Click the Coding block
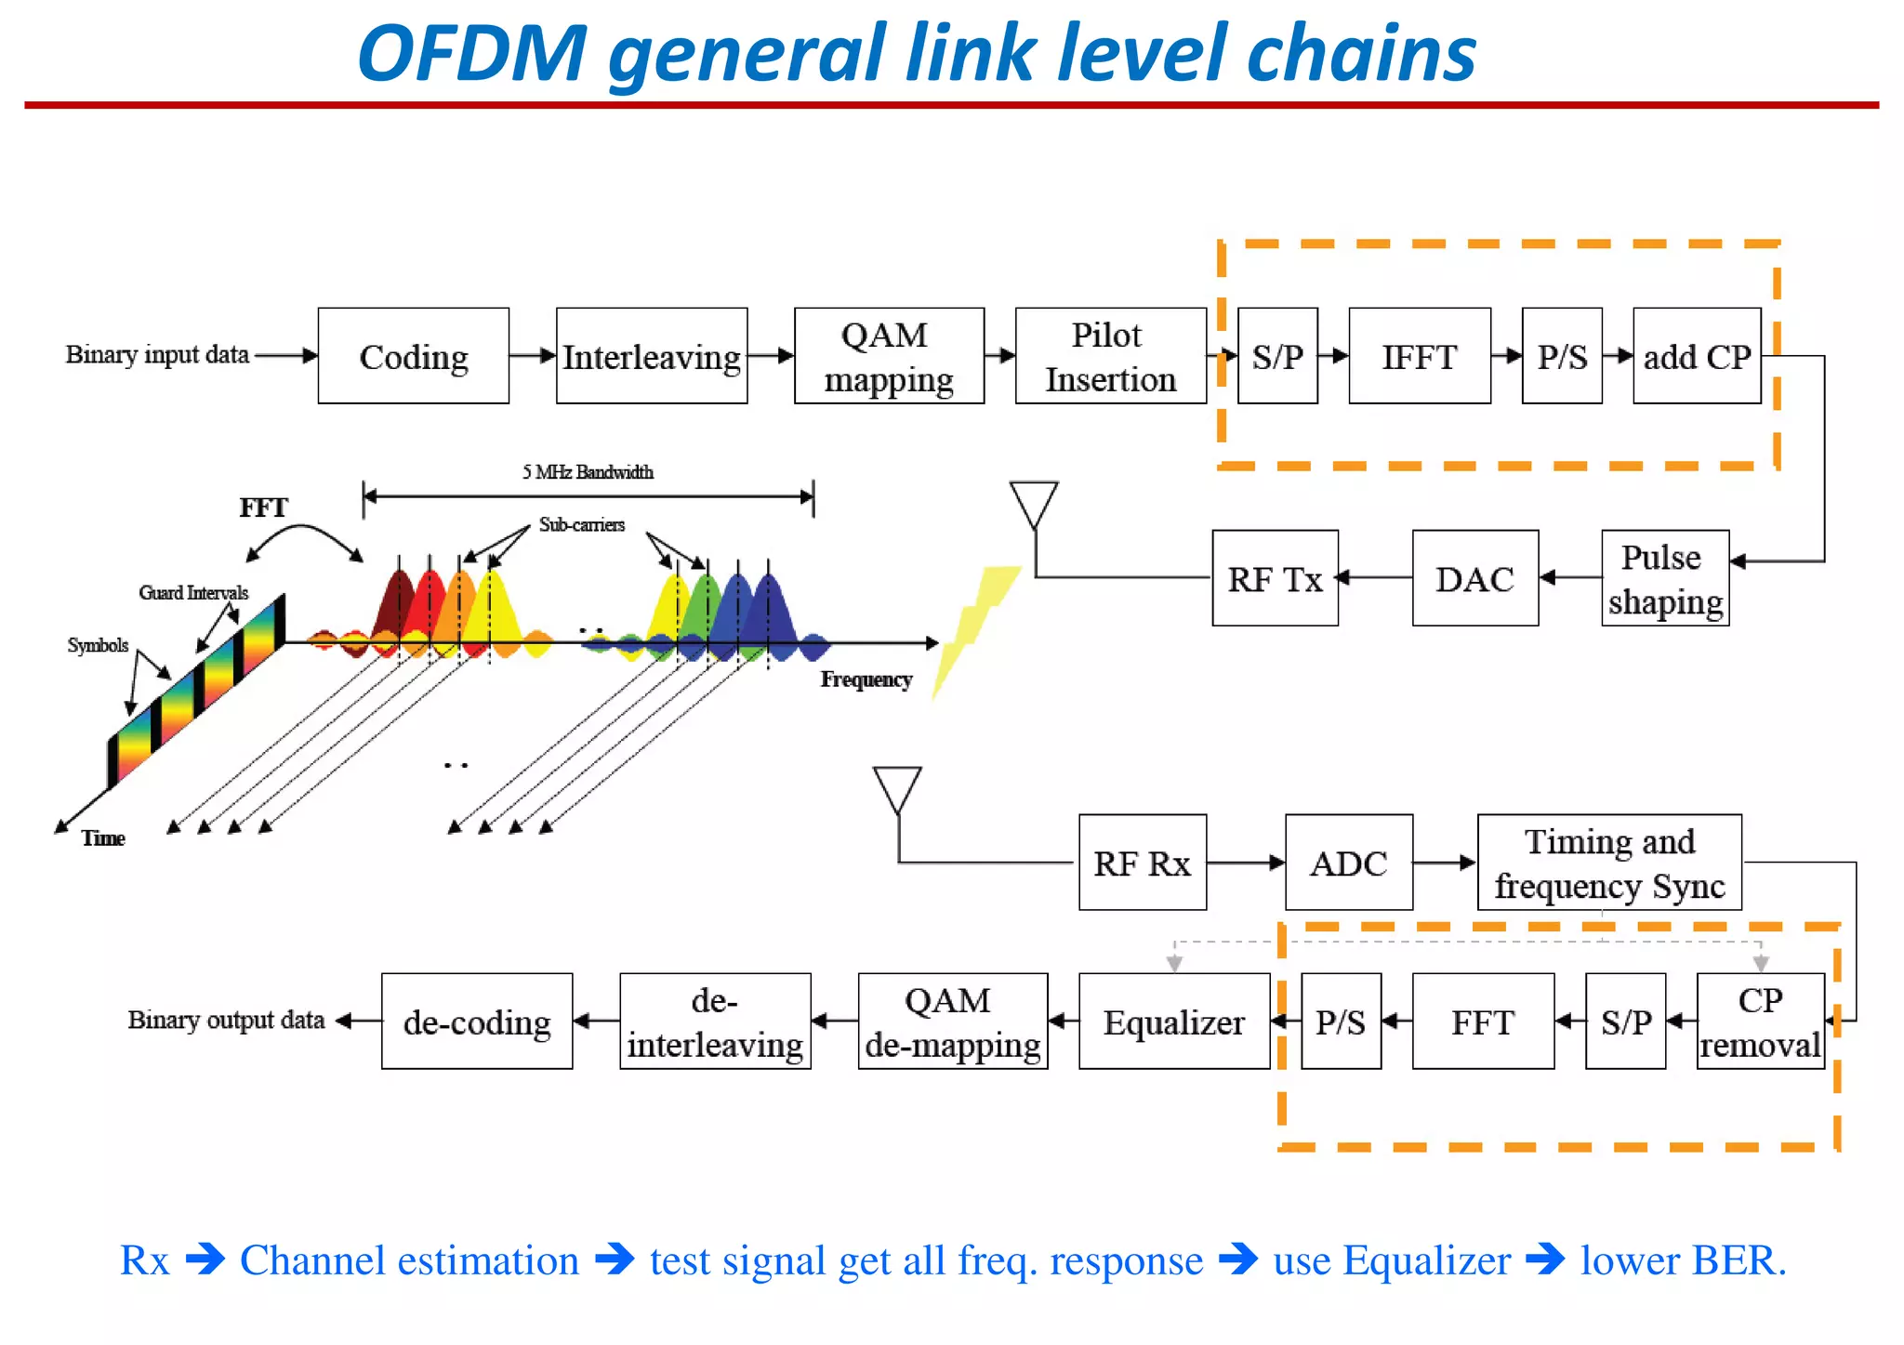coord(414,356)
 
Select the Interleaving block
coord(652,356)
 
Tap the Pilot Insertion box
coord(1110,356)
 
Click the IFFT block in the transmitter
coord(1419,356)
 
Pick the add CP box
coord(1697,356)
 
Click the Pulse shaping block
coord(1664,578)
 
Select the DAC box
coord(1474,578)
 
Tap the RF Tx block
coord(1275,578)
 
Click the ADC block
coord(1348,863)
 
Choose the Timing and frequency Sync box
coord(1609,863)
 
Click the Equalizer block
coord(1173,1022)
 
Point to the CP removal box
coord(1759,1022)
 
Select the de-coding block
coord(477,1022)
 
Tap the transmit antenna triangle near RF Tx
coord(1034,503)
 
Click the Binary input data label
coord(157,354)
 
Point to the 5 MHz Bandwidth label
coord(588,472)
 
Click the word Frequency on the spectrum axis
coord(866,679)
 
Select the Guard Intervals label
coord(193,593)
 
